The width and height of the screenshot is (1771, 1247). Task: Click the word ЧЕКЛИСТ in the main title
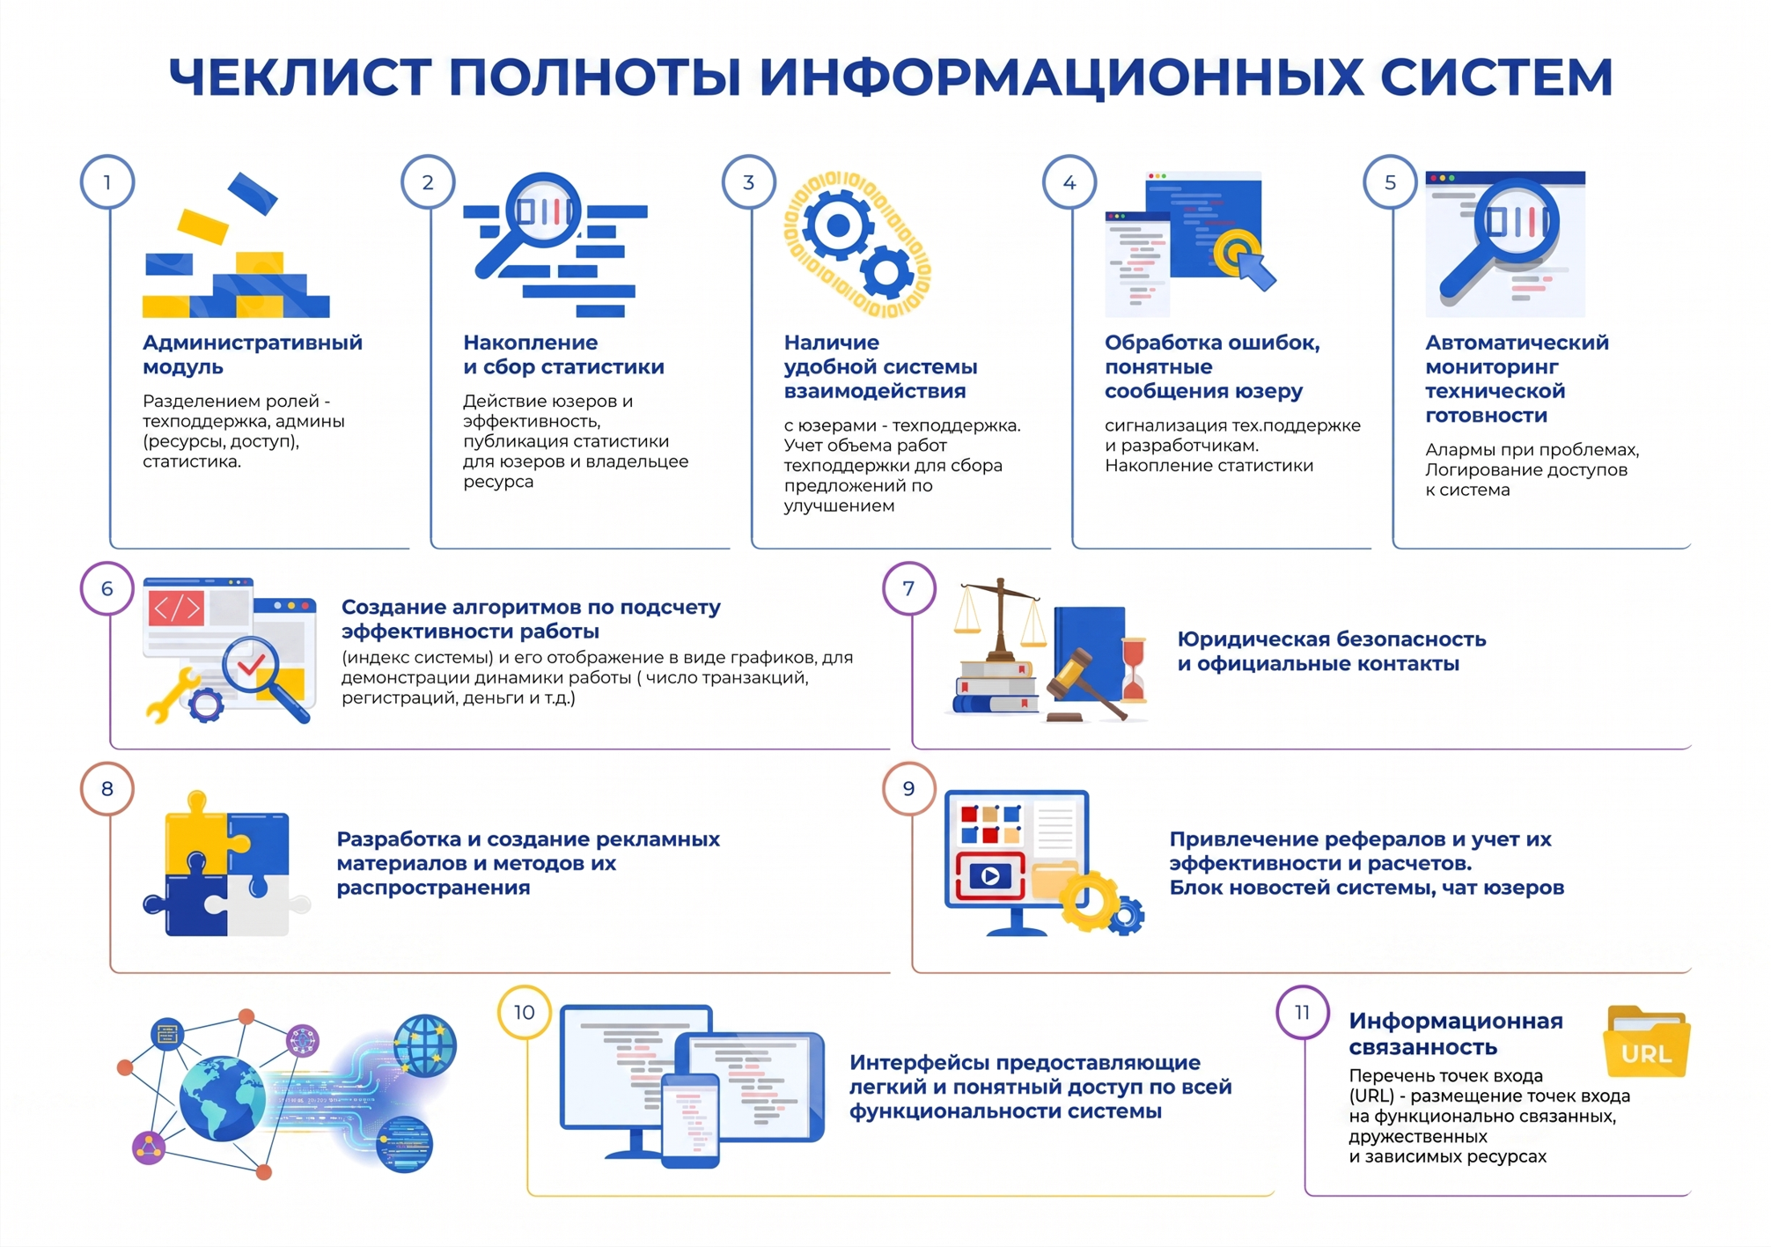(x=299, y=77)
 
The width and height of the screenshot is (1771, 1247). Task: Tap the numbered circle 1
(x=107, y=182)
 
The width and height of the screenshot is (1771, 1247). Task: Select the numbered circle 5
(x=1390, y=182)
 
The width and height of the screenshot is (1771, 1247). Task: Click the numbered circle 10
(x=525, y=1013)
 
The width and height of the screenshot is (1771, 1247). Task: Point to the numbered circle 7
(x=908, y=588)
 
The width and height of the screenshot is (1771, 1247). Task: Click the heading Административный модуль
(x=252, y=354)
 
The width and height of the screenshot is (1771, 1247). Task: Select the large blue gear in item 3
(x=837, y=225)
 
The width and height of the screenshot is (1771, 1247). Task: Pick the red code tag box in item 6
(x=177, y=609)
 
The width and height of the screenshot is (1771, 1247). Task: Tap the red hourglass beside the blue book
(x=1134, y=670)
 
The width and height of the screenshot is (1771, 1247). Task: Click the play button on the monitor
(x=990, y=876)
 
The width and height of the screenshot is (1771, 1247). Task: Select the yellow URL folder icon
(x=1646, y=1044)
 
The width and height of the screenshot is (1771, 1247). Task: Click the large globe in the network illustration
(x=222, y=1098)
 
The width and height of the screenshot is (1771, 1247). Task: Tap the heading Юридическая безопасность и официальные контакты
(x=1331, y=651)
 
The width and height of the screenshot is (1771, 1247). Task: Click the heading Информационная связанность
(x=1456, y=1034)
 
